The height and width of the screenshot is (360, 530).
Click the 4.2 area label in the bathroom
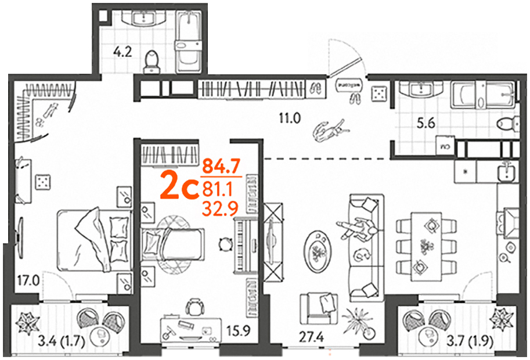[x=122, y=52]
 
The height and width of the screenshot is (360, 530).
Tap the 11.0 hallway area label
[x=290, y=118]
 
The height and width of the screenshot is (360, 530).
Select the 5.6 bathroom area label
[x=426, y=124]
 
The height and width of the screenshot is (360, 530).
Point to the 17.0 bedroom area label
[x=28, y=280]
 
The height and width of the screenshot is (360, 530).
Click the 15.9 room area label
[x=239, y=331]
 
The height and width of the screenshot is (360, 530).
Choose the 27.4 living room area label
[x=312, y=337]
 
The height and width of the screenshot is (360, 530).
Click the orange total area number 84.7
[x=221, y=167]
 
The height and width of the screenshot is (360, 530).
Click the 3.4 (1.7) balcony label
[x=61, y=341]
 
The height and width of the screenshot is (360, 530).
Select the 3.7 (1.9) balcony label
[x=470, y=342]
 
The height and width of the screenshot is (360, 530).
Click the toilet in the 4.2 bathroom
[x=152, y=62]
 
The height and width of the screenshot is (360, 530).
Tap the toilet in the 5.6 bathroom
[x=508, y=123]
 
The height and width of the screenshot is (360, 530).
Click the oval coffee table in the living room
[x=318, y=250]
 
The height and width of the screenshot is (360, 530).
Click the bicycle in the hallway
[x=330, y=131]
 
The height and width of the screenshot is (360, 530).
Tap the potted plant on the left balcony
[x=28, y=321]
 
